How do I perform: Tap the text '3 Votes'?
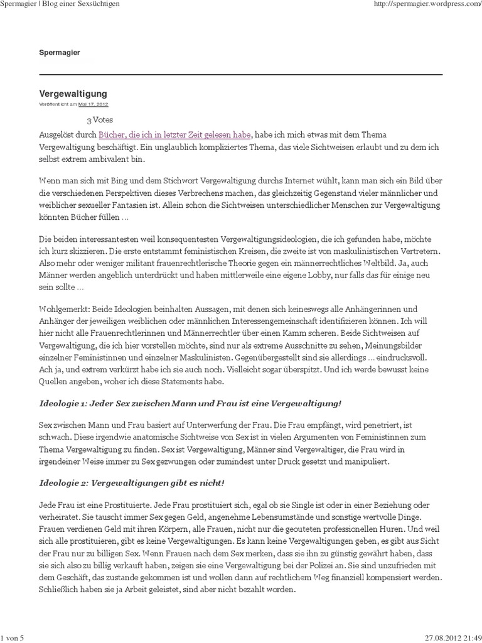(x=100, y=120)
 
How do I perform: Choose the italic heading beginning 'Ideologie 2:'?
(x=132, y=483)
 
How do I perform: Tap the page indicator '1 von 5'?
(x=13, y=637)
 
